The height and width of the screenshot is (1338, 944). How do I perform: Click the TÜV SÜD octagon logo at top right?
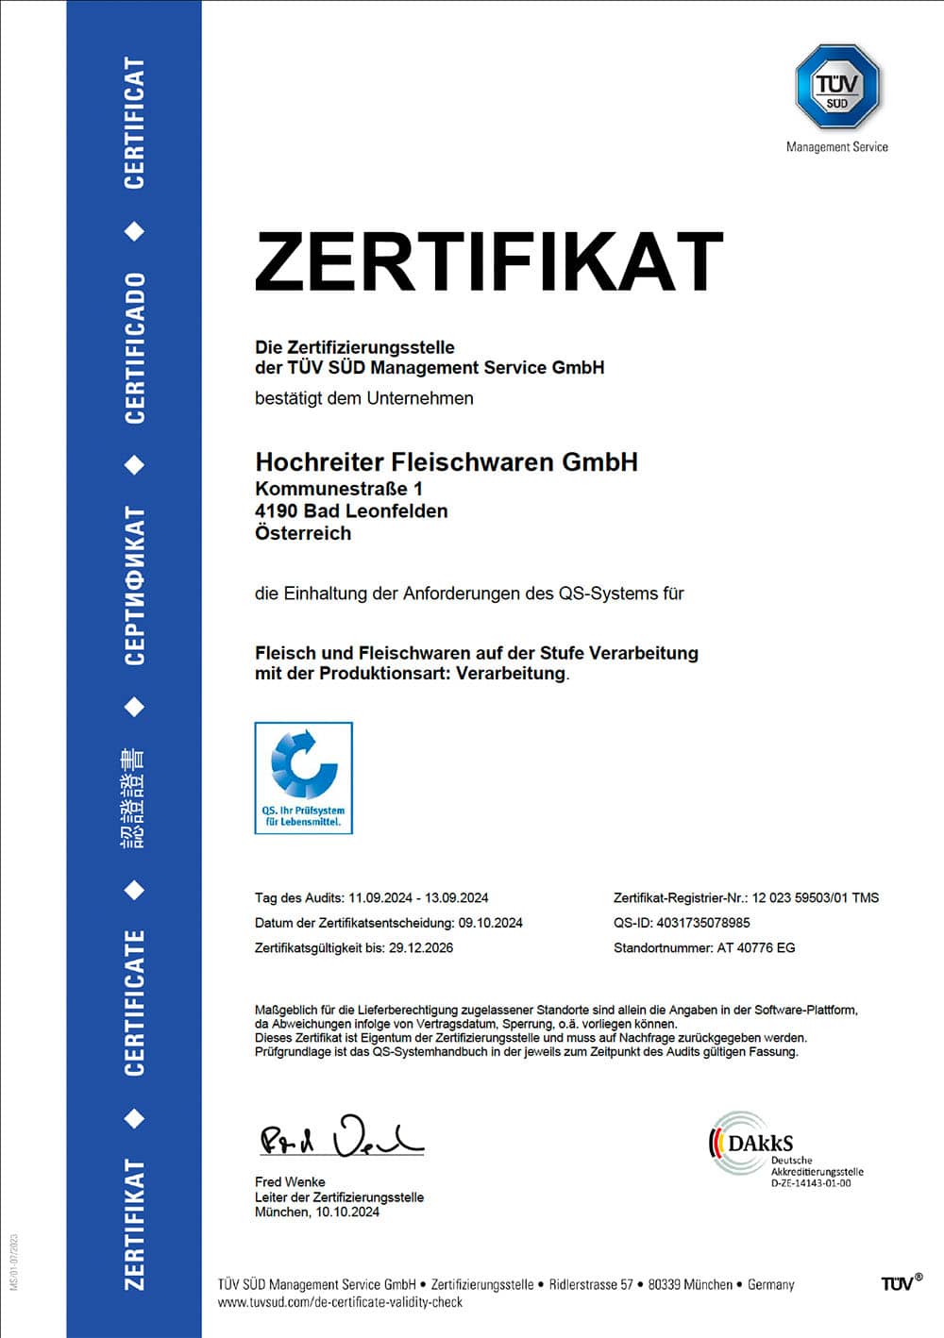(x=837, y=87)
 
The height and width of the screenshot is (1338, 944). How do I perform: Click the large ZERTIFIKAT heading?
(x=488, y=261)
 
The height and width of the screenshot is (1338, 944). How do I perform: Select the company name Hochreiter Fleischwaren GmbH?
(x=447, y=461)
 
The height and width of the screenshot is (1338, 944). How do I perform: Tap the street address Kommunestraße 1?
(x=339, y=489)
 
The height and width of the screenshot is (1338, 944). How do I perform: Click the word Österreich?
(x=303, y=533)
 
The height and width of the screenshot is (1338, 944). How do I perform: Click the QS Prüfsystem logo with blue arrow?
(x=304, y=778)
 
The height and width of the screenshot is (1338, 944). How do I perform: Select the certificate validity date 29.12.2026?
(x=421, y=947)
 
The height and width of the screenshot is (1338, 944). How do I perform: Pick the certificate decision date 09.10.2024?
(x=490, y=923)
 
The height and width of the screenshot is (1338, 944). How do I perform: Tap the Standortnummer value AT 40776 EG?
(x=756, y=947)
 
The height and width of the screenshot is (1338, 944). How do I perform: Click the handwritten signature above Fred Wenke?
(x=341, y=1137)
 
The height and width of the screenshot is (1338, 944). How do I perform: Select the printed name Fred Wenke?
(x=290, y=1181)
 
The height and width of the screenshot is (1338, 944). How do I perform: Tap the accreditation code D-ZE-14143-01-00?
(x=811, y=1183)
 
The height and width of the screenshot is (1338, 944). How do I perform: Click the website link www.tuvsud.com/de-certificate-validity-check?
(x=340, y=1302)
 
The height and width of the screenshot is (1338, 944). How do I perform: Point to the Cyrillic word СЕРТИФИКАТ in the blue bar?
(x=135, y=585)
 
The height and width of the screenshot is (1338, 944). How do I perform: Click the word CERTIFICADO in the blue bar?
(x=135, y=347)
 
